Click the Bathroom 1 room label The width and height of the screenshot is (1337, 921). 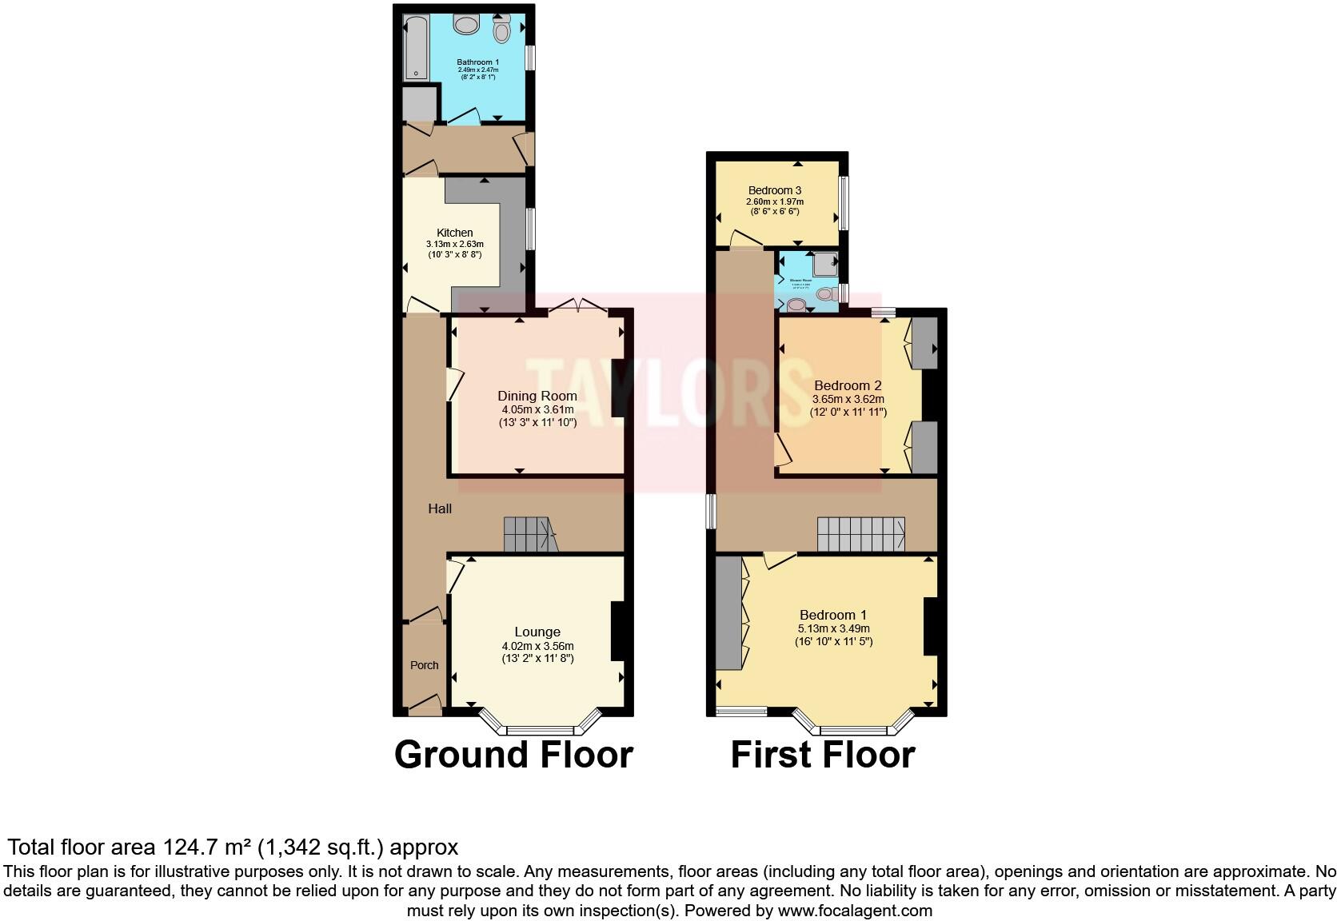[477, 62]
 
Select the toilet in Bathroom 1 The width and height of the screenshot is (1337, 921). [501, 30]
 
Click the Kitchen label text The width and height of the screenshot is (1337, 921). [454, 233]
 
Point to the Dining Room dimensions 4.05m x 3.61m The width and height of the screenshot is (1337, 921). [537, 409]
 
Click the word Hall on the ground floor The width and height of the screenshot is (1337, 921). [440, 508]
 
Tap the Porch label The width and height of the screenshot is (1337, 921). [424, 665]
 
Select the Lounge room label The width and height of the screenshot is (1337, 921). [537, 632]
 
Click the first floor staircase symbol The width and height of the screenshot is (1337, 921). [860, 534]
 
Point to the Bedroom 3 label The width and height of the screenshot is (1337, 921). [774, 190]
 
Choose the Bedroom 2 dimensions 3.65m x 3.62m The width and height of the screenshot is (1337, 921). [848, 399]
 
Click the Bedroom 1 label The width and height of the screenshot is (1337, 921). [833, 615]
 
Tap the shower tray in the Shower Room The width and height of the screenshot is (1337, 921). [824, 261]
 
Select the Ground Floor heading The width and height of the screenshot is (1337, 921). [513, 755]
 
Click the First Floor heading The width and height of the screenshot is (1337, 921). [823, 755]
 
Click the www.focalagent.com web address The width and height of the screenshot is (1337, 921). [855, 910]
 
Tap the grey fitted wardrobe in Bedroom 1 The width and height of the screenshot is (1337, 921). [728, 612]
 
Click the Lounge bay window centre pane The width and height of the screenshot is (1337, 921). [541, 729]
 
